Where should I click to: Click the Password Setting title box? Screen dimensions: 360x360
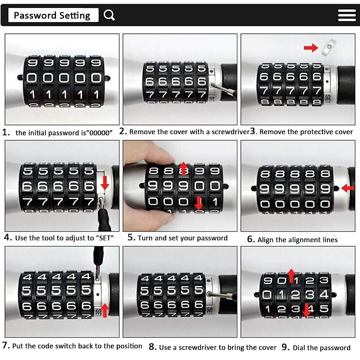(53, 15)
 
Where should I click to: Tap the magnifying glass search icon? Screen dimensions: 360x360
(109, 15)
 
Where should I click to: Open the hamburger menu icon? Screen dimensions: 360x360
(346, 15)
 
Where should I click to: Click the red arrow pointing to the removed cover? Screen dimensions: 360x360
(310, 48)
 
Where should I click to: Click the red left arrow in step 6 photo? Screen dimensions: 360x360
(348, 188)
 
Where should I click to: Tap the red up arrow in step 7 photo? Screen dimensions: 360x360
(105, 310)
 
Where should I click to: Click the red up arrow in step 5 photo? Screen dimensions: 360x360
(183, 169)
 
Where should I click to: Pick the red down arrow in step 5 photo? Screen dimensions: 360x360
(199, 203)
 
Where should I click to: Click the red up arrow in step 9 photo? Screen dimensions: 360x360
(291, 275)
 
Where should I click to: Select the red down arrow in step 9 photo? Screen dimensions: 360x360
(306, 310)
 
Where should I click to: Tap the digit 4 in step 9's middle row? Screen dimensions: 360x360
(324, 294)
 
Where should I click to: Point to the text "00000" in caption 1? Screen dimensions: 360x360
(101, 133)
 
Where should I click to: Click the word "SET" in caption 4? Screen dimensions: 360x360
(105, 238)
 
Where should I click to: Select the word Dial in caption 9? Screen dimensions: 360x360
(300, 348)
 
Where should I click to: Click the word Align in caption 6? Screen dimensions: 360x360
(265, 240)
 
